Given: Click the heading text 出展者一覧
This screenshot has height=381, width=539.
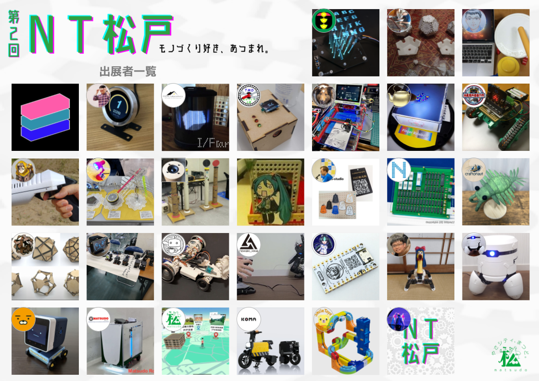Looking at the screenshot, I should [x=128, y=72].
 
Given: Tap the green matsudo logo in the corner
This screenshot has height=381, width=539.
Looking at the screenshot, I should [x=509, y=355].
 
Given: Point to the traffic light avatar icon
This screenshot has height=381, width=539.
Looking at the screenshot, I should [x=324, y=21].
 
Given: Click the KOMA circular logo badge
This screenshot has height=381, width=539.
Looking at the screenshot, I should [x=249, y=319].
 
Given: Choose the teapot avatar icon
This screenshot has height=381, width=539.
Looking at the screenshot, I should [x=399, y=95].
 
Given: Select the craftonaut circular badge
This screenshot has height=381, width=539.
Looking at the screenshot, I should [x=474, y=170].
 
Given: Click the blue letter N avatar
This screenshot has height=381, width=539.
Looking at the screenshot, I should [x=399, y=170].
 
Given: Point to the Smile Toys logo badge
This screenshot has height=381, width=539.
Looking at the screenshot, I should [x=324, y=319].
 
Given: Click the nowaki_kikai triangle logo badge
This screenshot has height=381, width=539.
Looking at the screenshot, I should [x=249, y=245].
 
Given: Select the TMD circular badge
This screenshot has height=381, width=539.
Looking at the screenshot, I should [x=249, y=95].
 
